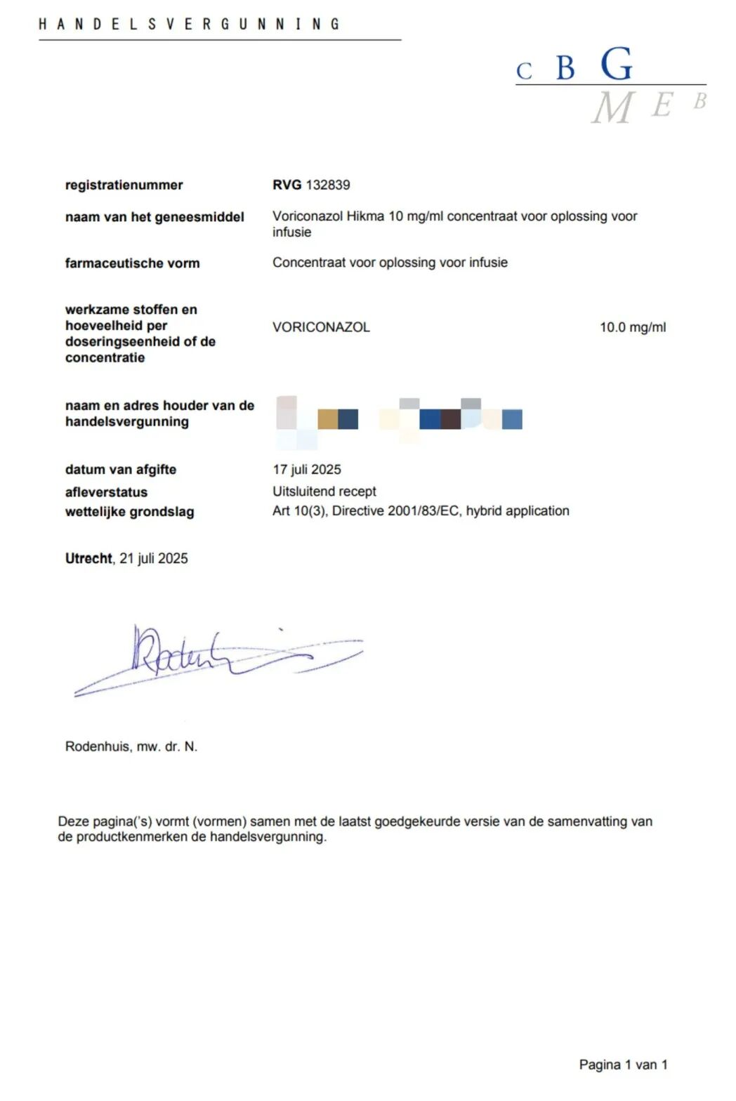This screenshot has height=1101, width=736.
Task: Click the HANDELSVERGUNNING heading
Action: pyautogui.click(x=189, y=24)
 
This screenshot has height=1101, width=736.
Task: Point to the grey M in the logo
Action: pyautogui.click(x=612, y=108)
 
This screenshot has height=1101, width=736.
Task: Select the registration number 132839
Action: pyautogui.click(x=327, y=185)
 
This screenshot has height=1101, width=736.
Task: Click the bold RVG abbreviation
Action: pyautogui.click(x=287, y=185)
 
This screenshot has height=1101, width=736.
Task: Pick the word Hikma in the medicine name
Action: pyautogui.click(x=365, y=216)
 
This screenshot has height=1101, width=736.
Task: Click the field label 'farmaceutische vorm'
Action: pyautogui.click(x=132, y=263)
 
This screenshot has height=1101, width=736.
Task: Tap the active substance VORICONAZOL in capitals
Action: pyautogui.click(x=321, y=327)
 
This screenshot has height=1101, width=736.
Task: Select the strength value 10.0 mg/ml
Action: pyautogui.click(x=632, y=327)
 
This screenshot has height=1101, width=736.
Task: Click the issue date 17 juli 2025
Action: pyautogui.click(x=307, y=469)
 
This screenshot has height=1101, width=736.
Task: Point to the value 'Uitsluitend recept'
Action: pyautogui.click(x=324, y=492)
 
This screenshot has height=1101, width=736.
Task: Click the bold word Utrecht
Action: pyautogui.click(x=88, y=558)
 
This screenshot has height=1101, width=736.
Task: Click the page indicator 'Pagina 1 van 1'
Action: pyautogui.click(x=623, y=1064)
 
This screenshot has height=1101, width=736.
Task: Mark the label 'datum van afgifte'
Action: pyautogui.click(x=121, y=469)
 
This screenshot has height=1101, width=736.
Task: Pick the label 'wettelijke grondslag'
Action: pyautogui.click(x=129, y=512)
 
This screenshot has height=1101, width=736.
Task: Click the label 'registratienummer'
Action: pyautogui.click(x=124, y=185)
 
